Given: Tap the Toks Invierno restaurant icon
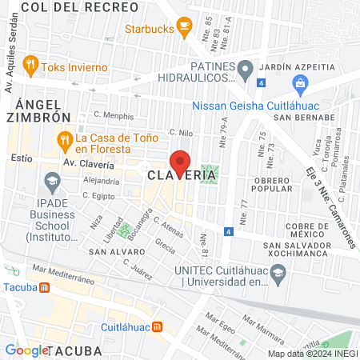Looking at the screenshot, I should click(x=30, y=66).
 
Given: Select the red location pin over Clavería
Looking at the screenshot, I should click(x=180, y=162).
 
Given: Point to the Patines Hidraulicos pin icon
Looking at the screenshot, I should click(x=246, y=67).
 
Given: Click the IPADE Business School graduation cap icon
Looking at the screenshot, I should click(x=52, y=182).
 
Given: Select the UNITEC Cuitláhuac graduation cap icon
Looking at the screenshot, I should click(x=278, y=274).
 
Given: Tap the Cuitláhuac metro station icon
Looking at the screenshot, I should click(x=157, y=326).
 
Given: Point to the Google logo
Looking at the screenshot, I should click(x=26, y=350).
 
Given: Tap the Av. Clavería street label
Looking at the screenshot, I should click(x=90, y=162).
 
